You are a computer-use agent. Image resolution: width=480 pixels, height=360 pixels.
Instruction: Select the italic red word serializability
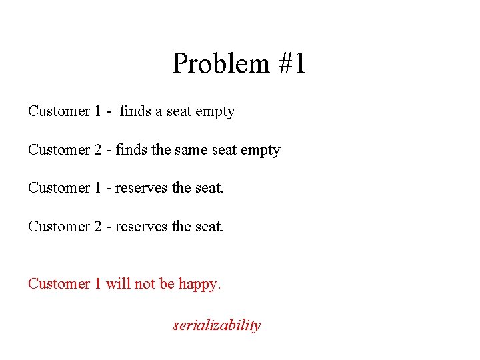(x=217, y=325)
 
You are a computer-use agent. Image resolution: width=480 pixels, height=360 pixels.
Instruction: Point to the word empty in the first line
(x=215, y=112)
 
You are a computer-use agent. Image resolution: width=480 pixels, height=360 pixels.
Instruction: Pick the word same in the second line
(x=192, y=150)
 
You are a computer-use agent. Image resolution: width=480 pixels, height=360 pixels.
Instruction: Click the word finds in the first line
(x=135, y=111)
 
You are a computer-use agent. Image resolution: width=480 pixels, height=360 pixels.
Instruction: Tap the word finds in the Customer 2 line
(x=132, y=150)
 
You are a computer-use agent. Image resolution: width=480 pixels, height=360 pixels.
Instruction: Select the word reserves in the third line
(x=141, y=188)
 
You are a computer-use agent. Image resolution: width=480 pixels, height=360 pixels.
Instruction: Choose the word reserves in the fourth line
(x=141, y=227)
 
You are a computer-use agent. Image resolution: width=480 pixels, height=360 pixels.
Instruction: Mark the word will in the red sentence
(x=118, y=284)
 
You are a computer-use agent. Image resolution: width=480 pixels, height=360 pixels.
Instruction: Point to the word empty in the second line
(x=261, y=151)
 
